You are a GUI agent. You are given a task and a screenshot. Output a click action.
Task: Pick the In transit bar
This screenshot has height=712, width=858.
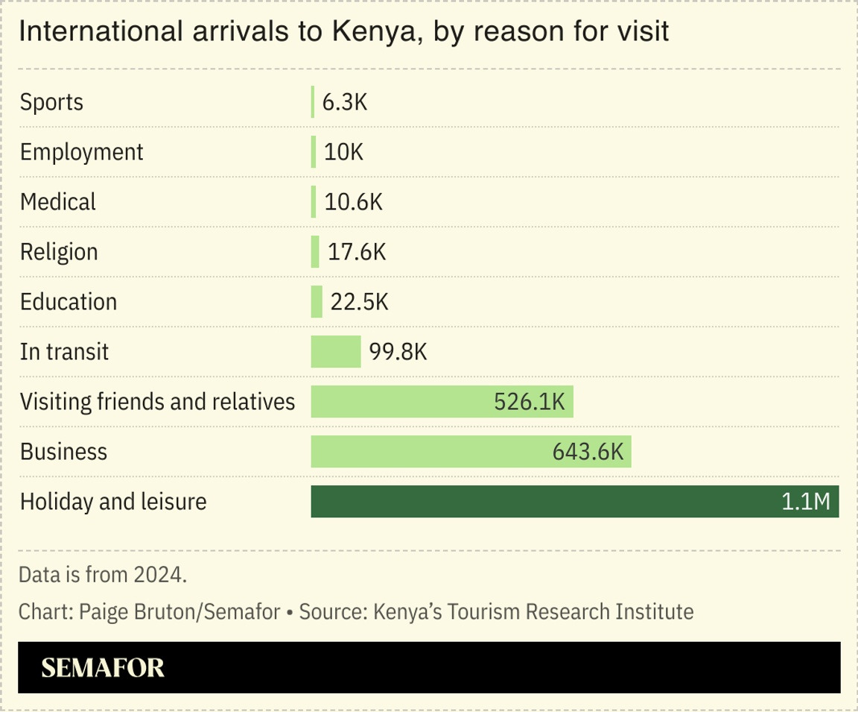pyautogui.click(x=335, y=352)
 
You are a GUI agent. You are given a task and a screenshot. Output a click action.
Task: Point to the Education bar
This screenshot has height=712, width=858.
pyautogui.click(x=317, y=302)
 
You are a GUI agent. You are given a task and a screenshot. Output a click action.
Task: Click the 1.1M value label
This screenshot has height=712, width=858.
pyautogui.click(x=805, y=502)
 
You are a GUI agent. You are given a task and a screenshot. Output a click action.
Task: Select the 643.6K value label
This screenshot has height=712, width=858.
pyautogui.click(x=587, y=452)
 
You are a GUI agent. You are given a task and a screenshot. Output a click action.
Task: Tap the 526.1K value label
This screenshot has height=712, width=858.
pyautogui.click(x=530, y=402)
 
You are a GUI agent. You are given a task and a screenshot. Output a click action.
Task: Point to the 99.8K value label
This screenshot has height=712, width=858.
pyautogui.click(x=398, y=352)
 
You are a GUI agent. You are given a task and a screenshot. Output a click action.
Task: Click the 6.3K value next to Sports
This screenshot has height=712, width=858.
pyautogui.click(x=345, y=102)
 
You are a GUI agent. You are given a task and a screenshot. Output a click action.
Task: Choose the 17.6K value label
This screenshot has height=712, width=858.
pyautogui.click(x=357, y=252)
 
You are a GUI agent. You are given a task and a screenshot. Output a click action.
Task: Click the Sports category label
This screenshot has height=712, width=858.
pyautogui.click(x=51, y=102)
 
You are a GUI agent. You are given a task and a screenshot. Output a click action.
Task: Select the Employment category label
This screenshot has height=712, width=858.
pyautogui.click(x=81, y=152)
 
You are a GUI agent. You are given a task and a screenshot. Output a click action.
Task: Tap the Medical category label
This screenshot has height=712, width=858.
pyautogui.click(x=58, y=202)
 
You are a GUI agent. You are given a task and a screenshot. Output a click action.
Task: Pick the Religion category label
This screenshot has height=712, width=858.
pyautogui.click(x=59, y=252)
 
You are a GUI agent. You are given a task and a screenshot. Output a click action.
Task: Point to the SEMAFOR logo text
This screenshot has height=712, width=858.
pyautogui.click(x=103, y=667)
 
